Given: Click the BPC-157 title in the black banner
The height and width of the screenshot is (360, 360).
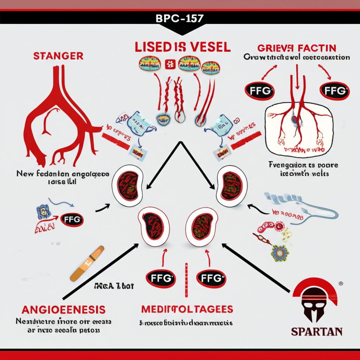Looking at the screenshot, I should [180, 18].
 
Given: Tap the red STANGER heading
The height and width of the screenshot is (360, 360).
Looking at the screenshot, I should [58, 56].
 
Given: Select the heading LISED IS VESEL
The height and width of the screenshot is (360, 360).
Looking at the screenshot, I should [182, 47].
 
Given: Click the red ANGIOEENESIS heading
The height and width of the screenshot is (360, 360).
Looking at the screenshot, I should [64, 310].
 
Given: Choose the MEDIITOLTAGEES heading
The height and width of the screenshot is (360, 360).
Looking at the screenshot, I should [187, 309].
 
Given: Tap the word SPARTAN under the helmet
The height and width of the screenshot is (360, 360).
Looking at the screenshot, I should [317, 331].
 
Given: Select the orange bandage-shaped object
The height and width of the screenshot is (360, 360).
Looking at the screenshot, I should [87, 263].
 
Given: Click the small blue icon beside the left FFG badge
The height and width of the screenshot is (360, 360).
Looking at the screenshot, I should [42, 212].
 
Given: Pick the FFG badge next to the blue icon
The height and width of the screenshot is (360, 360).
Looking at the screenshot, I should [72, 220].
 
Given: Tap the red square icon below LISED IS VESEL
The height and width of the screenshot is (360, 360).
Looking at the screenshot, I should [170, 64].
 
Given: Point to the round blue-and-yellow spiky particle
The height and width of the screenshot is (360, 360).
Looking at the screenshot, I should [280, 252].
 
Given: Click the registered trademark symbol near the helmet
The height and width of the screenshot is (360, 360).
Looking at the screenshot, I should [340, 283].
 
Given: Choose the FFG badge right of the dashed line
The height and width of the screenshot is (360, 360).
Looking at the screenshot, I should [210, 278].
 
